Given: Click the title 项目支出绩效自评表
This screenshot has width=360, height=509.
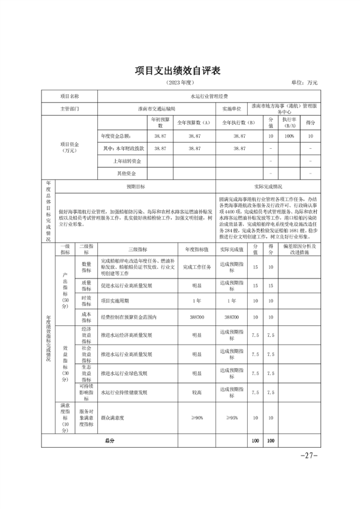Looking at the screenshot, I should coord(179,71).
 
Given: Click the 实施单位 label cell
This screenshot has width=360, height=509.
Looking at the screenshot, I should coord(232,109).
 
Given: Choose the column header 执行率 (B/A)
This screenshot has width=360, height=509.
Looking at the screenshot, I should coord(289,123).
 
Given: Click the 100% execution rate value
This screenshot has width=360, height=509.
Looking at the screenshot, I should coord(289,137).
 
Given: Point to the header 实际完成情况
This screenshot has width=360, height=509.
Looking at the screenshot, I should coord(268,187).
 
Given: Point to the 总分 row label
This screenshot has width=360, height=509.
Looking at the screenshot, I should coord(109,441).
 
